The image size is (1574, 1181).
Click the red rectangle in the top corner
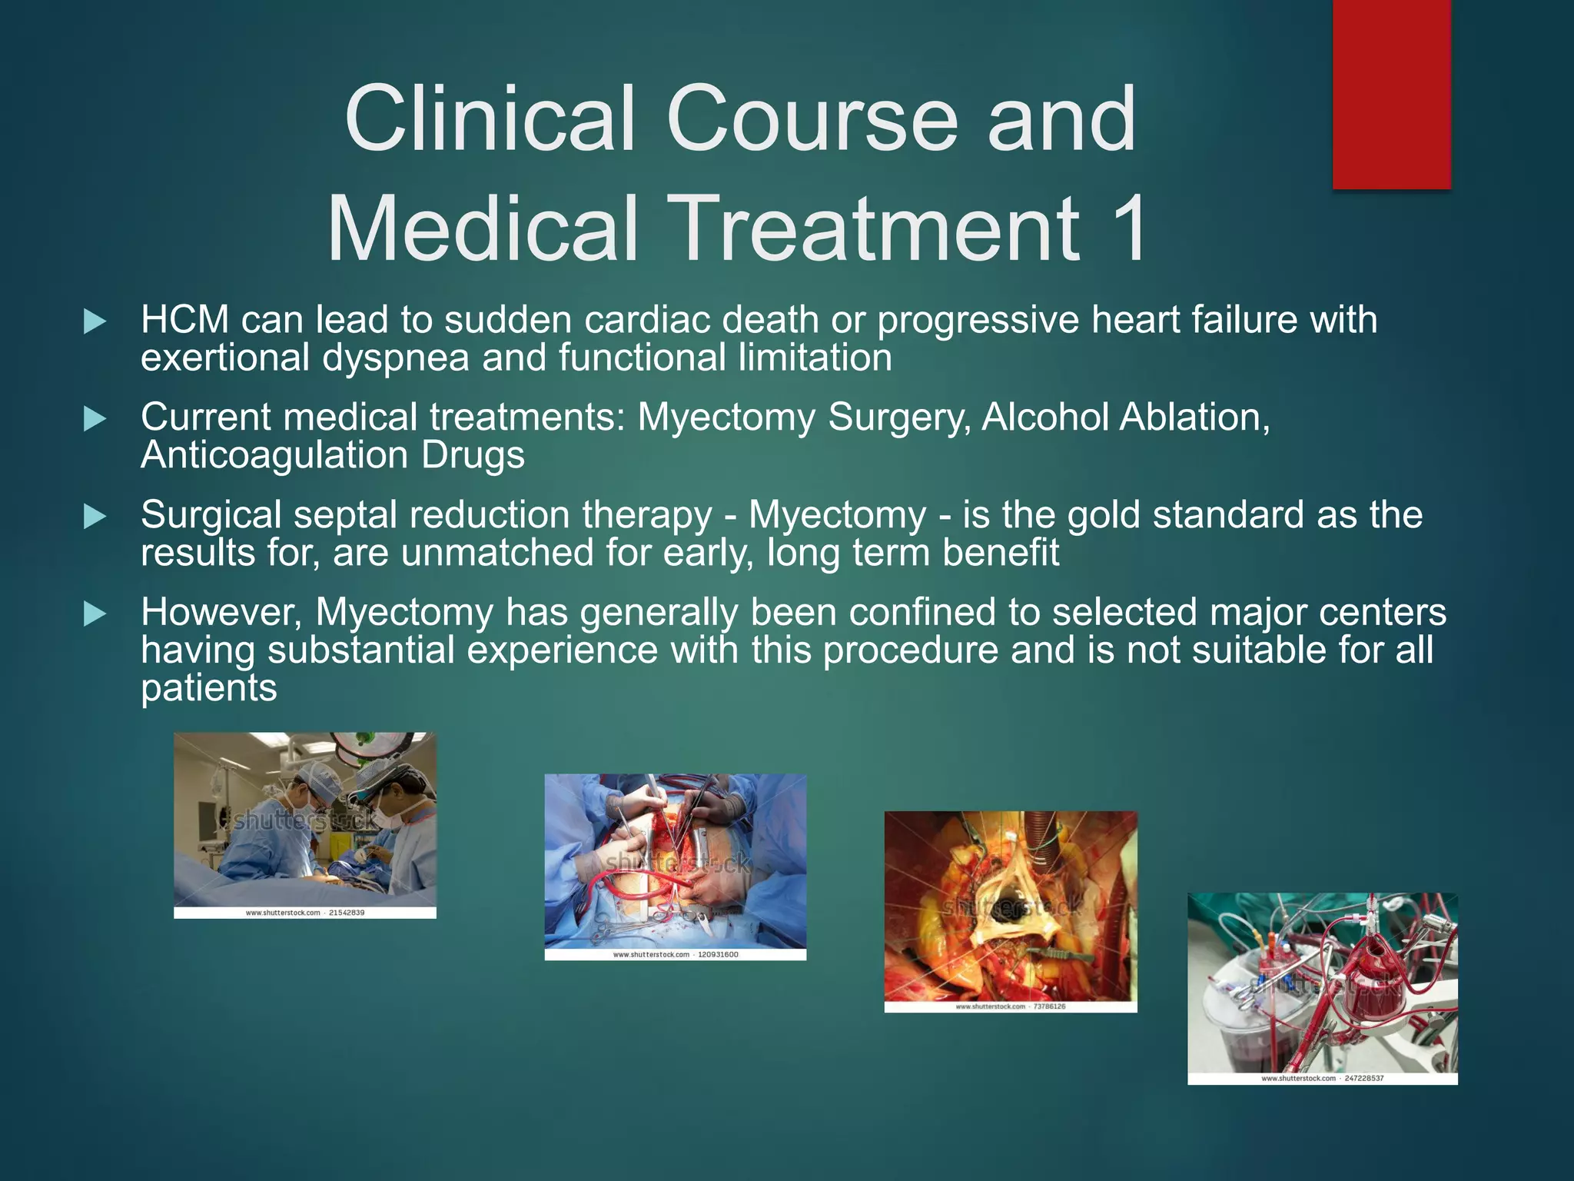click(1391, 94)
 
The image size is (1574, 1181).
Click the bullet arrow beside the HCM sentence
click(95, 321)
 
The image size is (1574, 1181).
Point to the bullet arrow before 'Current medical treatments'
click(95, 419)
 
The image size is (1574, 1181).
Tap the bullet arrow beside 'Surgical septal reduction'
click(95, 517)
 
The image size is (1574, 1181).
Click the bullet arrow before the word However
click(95, 614)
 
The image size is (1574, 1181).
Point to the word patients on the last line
click(208, 688)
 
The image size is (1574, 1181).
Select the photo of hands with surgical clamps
click(675, 861)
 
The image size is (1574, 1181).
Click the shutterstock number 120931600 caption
click(718, 955)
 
